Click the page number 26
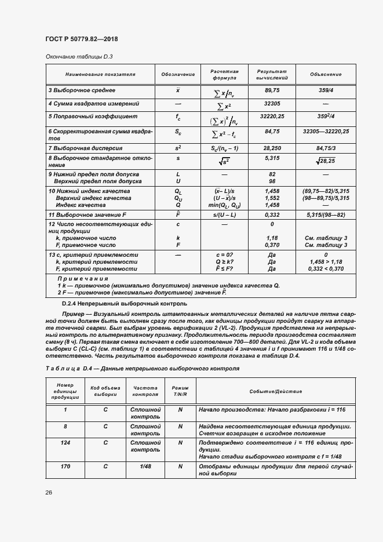click(49, 492)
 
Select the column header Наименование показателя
click(100, 74)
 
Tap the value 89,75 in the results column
click(272, 91)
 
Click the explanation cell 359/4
click(326, 91)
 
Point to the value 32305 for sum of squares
click(272, 104)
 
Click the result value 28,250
click(272, 148)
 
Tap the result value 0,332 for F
click(272, 215)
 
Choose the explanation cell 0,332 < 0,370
click(326, 268)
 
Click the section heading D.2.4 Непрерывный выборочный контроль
click(124, 303)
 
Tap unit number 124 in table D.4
click(65, 442)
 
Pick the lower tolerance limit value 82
click(272, 174)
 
